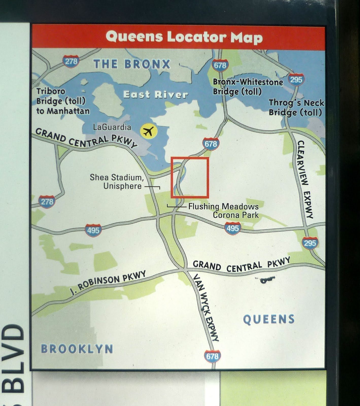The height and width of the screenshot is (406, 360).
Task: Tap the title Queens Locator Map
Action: tap(184, 37)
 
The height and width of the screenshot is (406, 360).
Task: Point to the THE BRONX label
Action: tap(132, 64)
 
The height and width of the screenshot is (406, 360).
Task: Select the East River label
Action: tap(156, 95)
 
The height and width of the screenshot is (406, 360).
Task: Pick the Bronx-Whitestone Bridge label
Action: tap(248, 87)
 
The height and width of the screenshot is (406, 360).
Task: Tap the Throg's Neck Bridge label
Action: tap(296, 107)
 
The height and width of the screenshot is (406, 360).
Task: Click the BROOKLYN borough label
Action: tap(77, 349)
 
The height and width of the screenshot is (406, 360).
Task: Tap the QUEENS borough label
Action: tap(269, 319)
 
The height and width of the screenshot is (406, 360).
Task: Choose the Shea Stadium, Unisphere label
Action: tap(117, 181)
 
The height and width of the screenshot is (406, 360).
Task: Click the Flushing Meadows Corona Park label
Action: tap(223, 211)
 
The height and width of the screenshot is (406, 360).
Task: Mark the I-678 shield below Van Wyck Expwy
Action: tap(212, 356)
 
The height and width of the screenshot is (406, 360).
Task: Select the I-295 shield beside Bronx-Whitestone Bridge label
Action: tap(296, 80)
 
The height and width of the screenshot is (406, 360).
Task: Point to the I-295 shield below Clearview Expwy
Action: tap(310, 243)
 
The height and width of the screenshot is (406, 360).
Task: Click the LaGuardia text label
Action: tap(112, 127)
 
